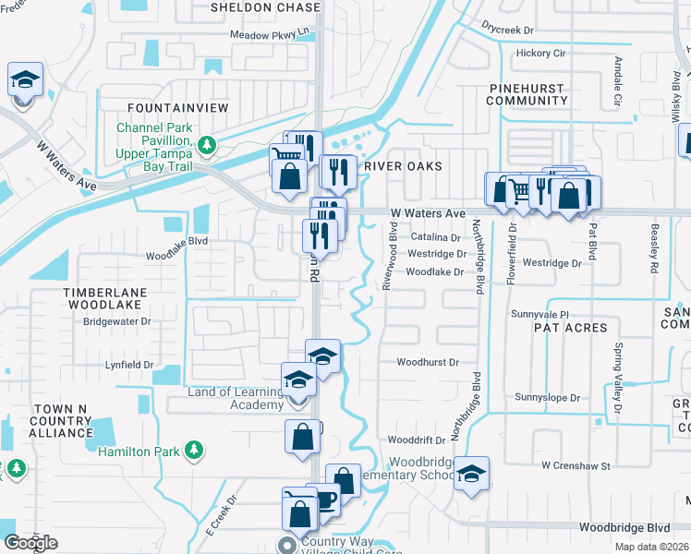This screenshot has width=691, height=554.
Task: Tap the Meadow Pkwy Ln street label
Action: [x=268, y=36]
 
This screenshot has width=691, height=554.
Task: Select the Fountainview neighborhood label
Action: [x=178, y=108]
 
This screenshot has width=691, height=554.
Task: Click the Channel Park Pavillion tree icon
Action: [x=208, y=144]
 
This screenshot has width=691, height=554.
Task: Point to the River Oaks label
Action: [x=403, y=166]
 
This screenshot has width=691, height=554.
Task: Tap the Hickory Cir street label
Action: [x=541, y=54]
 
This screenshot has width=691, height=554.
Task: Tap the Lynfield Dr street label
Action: [x=129, y=365]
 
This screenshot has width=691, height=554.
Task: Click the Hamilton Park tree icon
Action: [x=193, y=450]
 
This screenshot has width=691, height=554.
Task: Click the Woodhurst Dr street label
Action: [x=428, y=363]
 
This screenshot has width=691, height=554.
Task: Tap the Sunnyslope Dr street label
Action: [x=548, y=398]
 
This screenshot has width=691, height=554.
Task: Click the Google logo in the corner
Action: [x=30, y=543]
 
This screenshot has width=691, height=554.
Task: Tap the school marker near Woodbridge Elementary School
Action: [x=472, y=474]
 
